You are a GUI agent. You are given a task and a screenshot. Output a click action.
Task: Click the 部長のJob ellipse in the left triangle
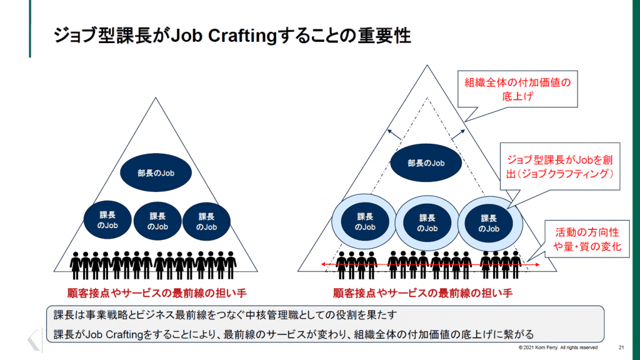(156, 172)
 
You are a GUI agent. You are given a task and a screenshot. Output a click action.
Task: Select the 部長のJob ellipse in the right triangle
(426, 163)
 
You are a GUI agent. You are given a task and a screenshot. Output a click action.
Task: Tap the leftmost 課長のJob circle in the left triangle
(107, 221)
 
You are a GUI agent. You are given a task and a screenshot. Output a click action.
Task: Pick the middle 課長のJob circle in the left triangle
(157, 221)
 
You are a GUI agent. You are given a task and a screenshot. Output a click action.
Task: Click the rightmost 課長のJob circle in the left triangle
(206, 221)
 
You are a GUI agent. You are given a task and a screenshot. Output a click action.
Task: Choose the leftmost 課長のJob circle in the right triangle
(365, 222)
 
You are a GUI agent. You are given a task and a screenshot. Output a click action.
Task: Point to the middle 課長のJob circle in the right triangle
(427, 223)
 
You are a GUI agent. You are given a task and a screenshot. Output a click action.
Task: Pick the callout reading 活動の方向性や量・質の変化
(588, 239)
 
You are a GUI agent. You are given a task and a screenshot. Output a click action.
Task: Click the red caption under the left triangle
(153, 292)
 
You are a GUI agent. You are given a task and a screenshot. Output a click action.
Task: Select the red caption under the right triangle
(423, 292)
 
